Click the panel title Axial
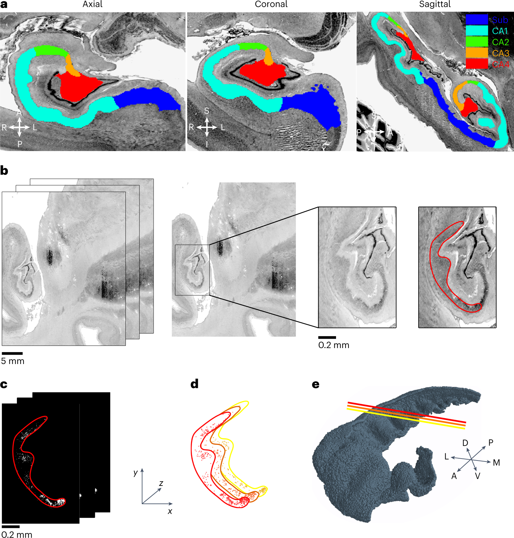click(93, 4)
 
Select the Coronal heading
click(271, 4)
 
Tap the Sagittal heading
click(435, 4)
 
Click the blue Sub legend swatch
click(477, 20)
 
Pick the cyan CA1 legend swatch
click(477, 31)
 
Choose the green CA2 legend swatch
click(477, 42)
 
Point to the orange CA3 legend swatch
click(477, 53)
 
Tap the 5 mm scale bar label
click(13, 361)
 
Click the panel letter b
click(4, 171)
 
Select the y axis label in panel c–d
click(136, 473)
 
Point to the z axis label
click(161, 484)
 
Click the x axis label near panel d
click(170, 511)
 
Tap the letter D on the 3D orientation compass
click(465, 443)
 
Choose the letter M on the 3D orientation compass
click(496, 463)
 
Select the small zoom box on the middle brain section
click(192, 270)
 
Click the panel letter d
click(194, 384)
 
